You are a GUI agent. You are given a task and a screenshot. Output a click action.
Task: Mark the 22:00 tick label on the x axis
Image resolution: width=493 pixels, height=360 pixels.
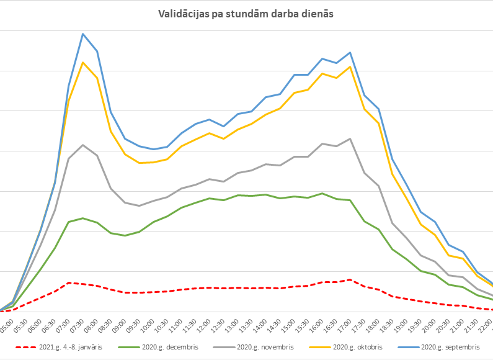[x=486, y=325]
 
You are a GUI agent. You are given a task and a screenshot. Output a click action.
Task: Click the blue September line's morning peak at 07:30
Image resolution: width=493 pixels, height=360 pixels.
[x=83, y=34]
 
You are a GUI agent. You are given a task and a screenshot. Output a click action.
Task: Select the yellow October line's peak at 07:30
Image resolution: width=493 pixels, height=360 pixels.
[x=83, y=62]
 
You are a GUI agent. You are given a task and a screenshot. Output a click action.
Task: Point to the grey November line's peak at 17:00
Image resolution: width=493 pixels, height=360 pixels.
[x=350, y=138]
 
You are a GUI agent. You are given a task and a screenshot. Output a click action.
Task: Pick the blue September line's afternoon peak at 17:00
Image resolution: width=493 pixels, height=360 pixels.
[x=350, y=52]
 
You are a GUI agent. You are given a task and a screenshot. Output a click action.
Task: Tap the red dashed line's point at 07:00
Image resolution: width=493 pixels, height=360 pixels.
[x=69, y=282]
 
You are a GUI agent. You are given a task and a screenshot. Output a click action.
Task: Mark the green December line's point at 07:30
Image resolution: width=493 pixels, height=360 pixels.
[x=83, y=218]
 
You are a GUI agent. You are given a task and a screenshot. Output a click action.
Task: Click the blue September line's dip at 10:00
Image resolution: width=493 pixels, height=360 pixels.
[x=153, y=149]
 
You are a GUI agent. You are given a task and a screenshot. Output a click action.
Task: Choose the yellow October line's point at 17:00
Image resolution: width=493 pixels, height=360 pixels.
[x=350, y=67]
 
